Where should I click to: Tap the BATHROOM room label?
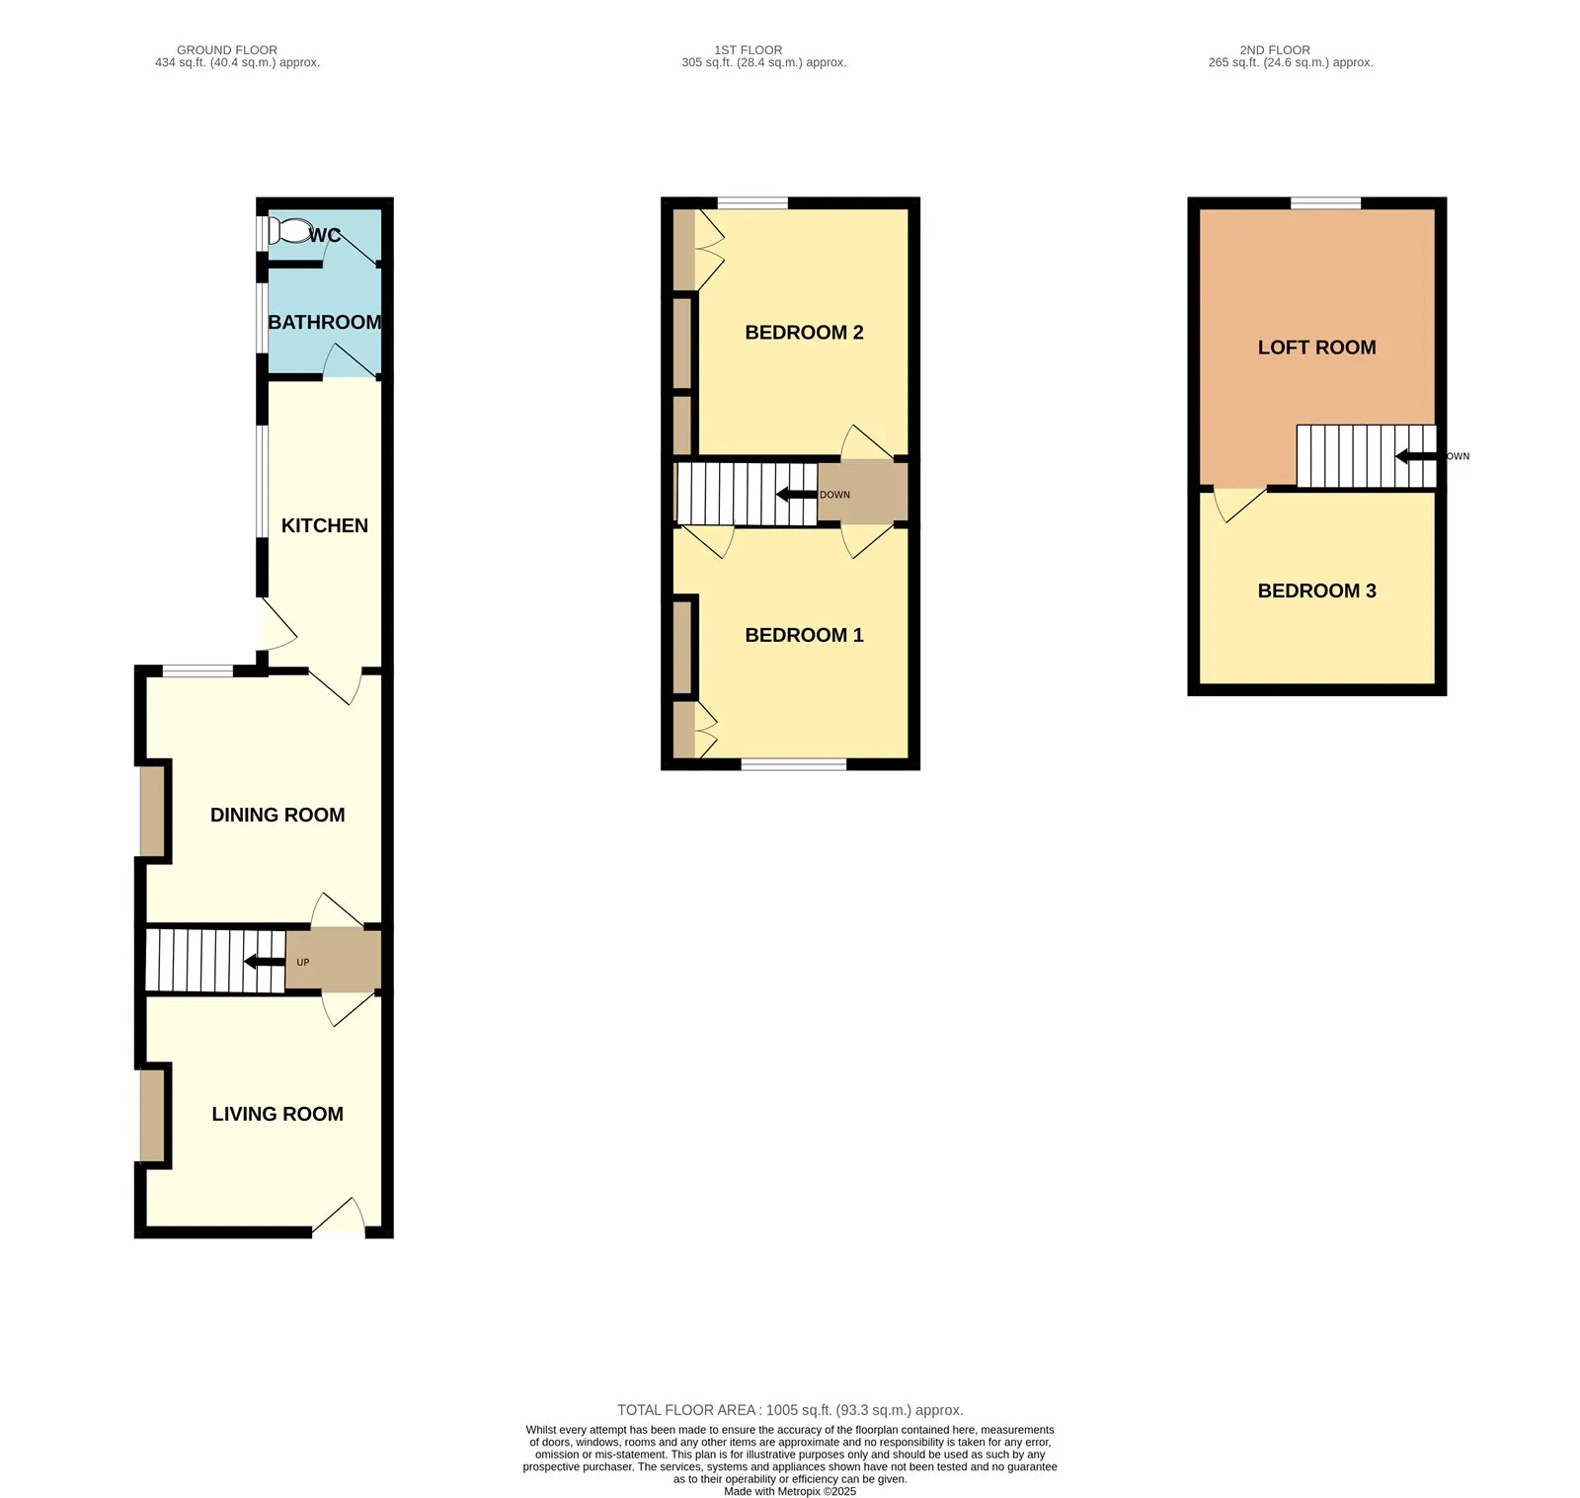325,322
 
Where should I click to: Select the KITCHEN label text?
325,525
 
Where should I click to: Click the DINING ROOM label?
277,815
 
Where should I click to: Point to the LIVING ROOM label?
277,1114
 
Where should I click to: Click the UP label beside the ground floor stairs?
303,962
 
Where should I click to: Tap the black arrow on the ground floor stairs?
265,962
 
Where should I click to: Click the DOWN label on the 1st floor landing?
834,495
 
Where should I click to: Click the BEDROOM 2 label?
804,333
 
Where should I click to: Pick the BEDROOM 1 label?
804,635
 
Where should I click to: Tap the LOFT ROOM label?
1316,348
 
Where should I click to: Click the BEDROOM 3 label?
1316,591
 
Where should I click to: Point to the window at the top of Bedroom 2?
752,203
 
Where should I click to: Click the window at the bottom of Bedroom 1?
794,763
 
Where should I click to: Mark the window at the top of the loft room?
1325,203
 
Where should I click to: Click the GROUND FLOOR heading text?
227,50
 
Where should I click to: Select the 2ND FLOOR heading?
1275,50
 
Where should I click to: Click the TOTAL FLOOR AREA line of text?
790,1410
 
